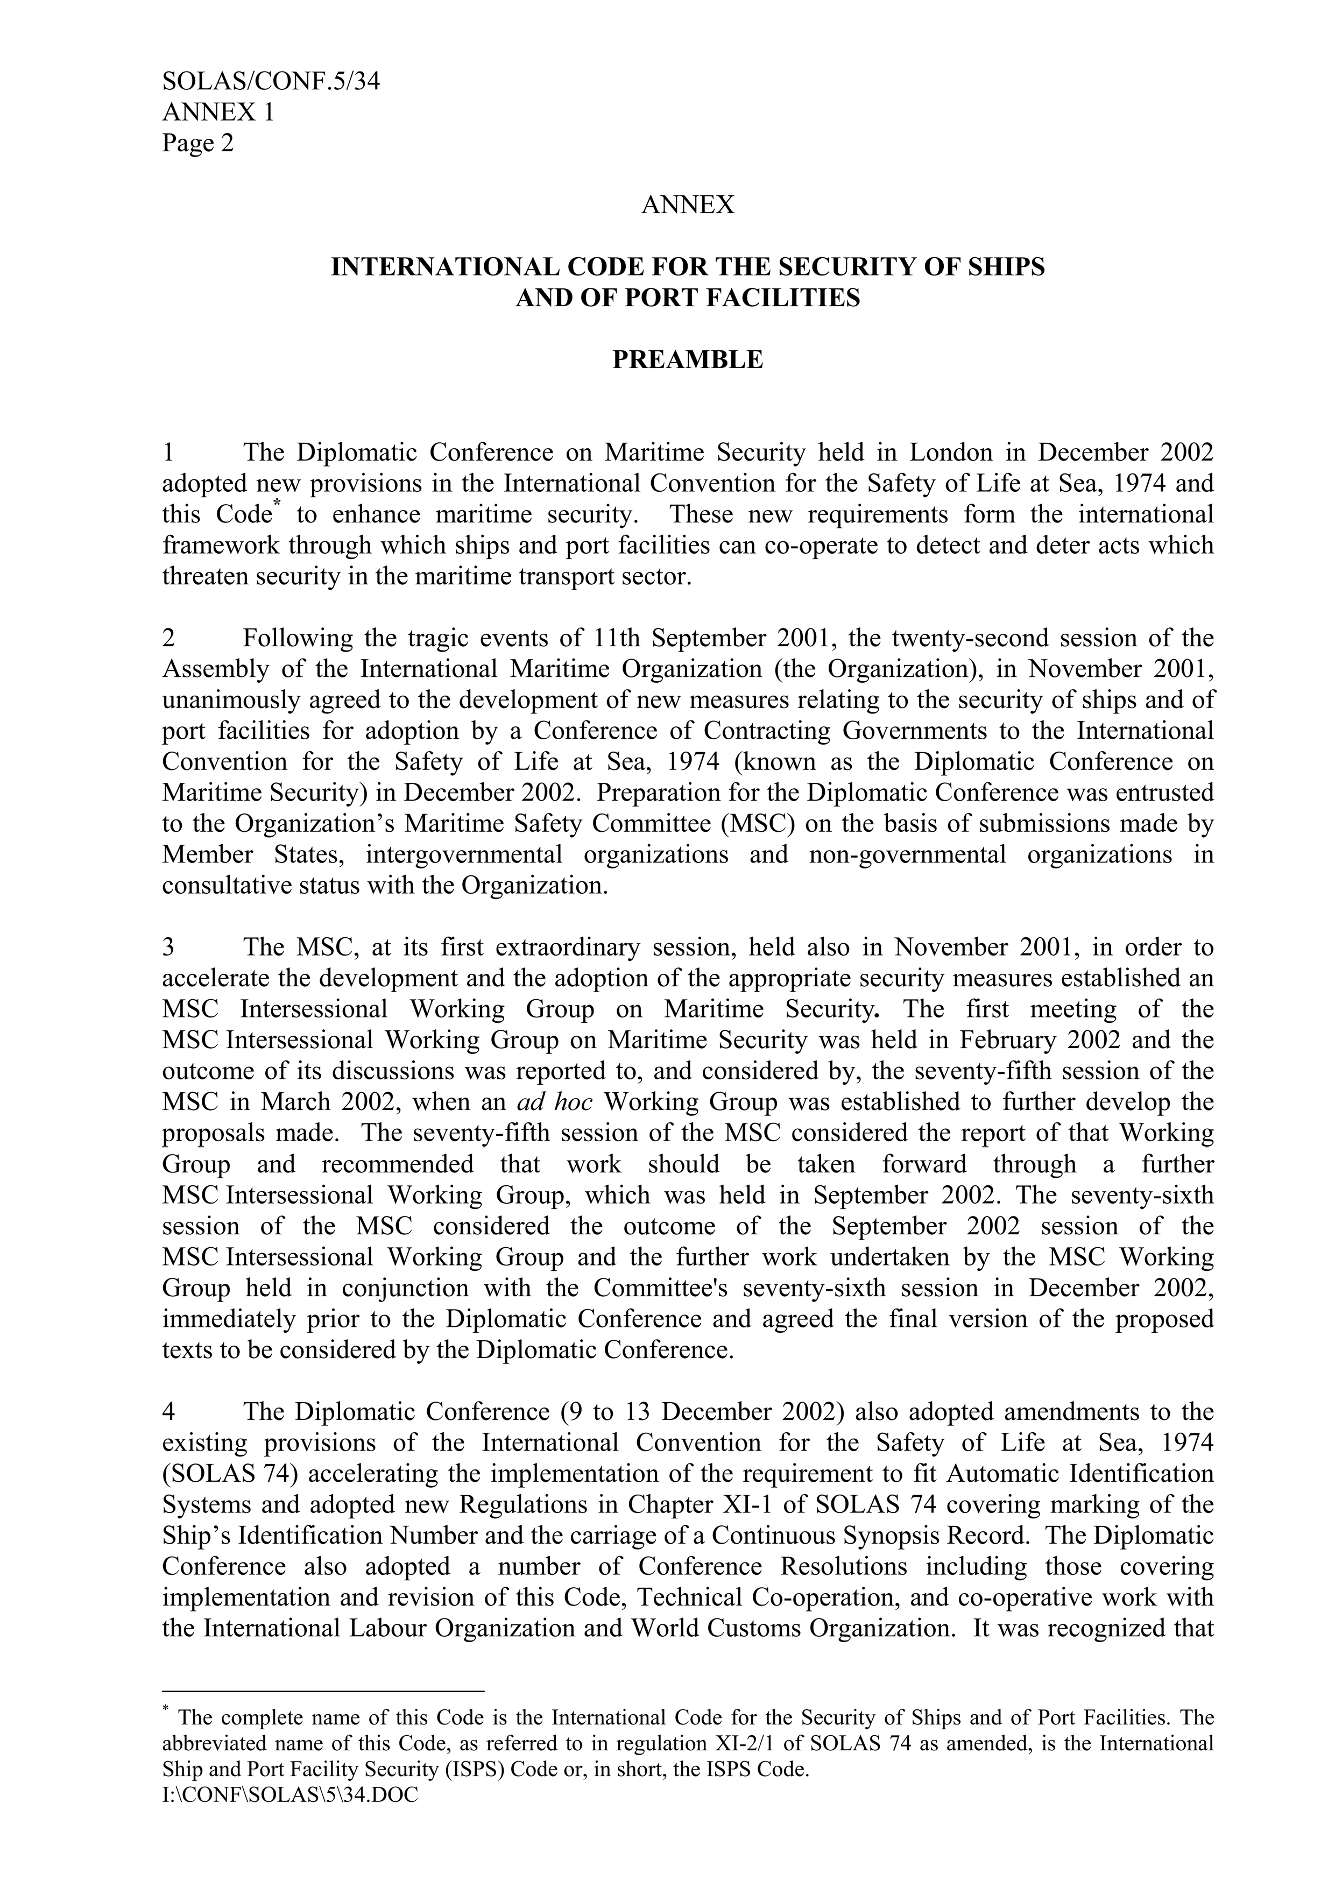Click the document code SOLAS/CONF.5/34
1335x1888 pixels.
tap(271, 81)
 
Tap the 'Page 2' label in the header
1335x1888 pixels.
tap(197, 143)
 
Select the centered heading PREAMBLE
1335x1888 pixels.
tap(688, 359)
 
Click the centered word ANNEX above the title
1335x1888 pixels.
tap(688, 205)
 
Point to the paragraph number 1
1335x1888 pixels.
tap(168, 452)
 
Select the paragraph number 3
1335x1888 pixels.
tap(168, 947)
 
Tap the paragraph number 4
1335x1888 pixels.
tap(168, 1412)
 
